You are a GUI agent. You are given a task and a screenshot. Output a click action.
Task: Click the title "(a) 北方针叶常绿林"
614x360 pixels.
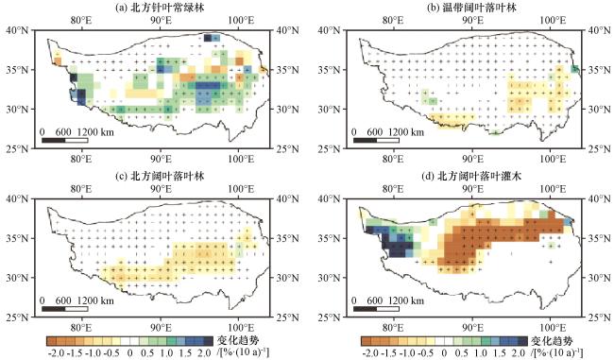tap(161, 8)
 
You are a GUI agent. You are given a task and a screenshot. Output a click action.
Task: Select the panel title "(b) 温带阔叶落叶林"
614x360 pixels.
tap(471, 8)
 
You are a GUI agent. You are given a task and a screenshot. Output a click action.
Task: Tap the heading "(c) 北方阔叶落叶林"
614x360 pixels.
tap(161, 177)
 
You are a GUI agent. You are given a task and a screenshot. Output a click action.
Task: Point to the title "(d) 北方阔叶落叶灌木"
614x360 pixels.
tap(471, 177)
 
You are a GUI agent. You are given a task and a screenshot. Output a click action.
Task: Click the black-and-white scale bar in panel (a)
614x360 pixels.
tap(64, 140)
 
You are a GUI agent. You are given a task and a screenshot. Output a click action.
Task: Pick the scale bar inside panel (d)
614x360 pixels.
tap(376, 309)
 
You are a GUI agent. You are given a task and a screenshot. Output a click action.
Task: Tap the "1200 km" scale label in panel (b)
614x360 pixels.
tap(406, 132)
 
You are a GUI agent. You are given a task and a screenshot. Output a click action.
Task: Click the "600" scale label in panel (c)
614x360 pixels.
tap(63, 300)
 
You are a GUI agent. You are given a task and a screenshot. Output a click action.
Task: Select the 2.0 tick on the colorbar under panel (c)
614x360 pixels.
tap(204, 353)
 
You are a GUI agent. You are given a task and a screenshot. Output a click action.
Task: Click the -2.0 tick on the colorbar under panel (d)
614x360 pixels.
tap(370, 353)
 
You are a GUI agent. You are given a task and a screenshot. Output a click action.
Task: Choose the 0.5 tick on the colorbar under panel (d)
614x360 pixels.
tap(462, 353)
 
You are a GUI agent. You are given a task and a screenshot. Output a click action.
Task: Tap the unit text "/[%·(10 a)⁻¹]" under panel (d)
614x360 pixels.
tap(556, 351)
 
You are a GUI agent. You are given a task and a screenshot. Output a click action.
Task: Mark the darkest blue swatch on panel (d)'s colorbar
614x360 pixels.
tap(522, 340)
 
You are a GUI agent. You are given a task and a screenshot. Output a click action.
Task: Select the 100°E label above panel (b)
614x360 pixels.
tap(553, 20)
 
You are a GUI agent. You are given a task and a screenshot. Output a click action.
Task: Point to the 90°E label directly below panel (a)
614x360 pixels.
tap(161, 159)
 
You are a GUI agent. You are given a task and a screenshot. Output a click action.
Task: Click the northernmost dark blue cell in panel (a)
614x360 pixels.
tap(208, 38)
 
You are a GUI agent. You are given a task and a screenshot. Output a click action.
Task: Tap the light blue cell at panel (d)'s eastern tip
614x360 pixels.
tap(568, 222)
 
